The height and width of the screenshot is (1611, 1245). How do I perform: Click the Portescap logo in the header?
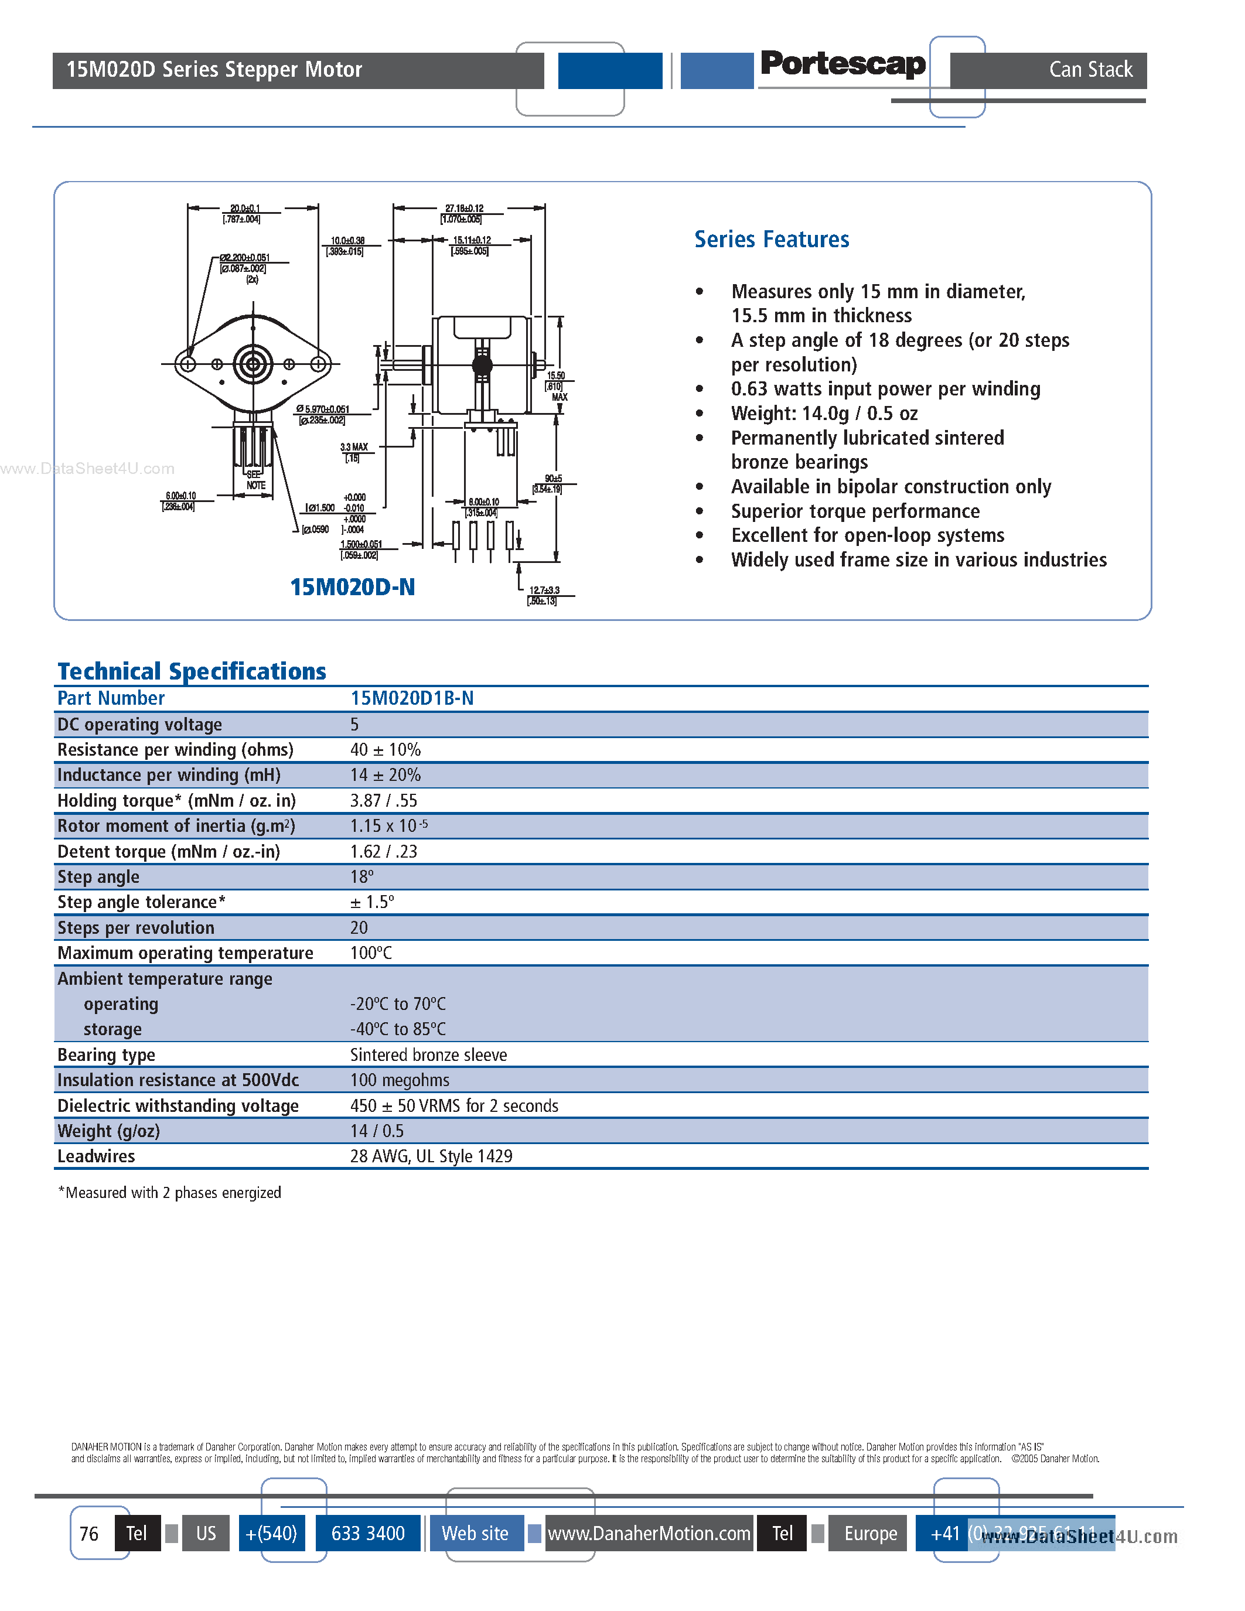click(842, 64)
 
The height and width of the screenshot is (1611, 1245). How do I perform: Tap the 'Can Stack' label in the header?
click(1090, 69)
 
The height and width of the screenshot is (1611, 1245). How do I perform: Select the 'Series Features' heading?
click(772, 240)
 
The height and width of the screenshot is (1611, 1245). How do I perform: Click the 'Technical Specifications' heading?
click(192, 671)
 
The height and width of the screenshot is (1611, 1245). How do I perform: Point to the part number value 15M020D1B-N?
click(411, 698)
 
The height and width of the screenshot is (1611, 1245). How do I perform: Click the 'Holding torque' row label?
click(176, 800)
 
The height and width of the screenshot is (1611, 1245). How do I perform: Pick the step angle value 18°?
click(361, 877)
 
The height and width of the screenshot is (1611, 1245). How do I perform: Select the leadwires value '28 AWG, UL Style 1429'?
click(431, 1156)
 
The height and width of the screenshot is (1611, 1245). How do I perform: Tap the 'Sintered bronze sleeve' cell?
click(428, 1055)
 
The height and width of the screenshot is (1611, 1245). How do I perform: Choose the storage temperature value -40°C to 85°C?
click(398, 1029)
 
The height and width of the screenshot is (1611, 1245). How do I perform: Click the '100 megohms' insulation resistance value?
click(399, 1080)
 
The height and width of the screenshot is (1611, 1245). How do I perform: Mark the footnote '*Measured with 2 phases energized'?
click(170, 1193)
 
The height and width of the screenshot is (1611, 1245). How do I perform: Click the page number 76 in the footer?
click(89, 1534)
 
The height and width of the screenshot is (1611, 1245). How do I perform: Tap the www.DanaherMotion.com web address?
click(649, 1534)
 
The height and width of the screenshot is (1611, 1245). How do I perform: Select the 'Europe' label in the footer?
click(870, 1534)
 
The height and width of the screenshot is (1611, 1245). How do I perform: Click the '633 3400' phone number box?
click(368, 1534)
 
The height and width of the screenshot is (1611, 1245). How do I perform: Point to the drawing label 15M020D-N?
click(353, 587)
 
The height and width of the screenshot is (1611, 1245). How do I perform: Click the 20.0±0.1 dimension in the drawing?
click(244, 209)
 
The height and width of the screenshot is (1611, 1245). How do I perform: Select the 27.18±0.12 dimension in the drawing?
click(464, 209)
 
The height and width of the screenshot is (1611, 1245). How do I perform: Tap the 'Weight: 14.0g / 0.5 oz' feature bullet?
click(824, 414)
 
